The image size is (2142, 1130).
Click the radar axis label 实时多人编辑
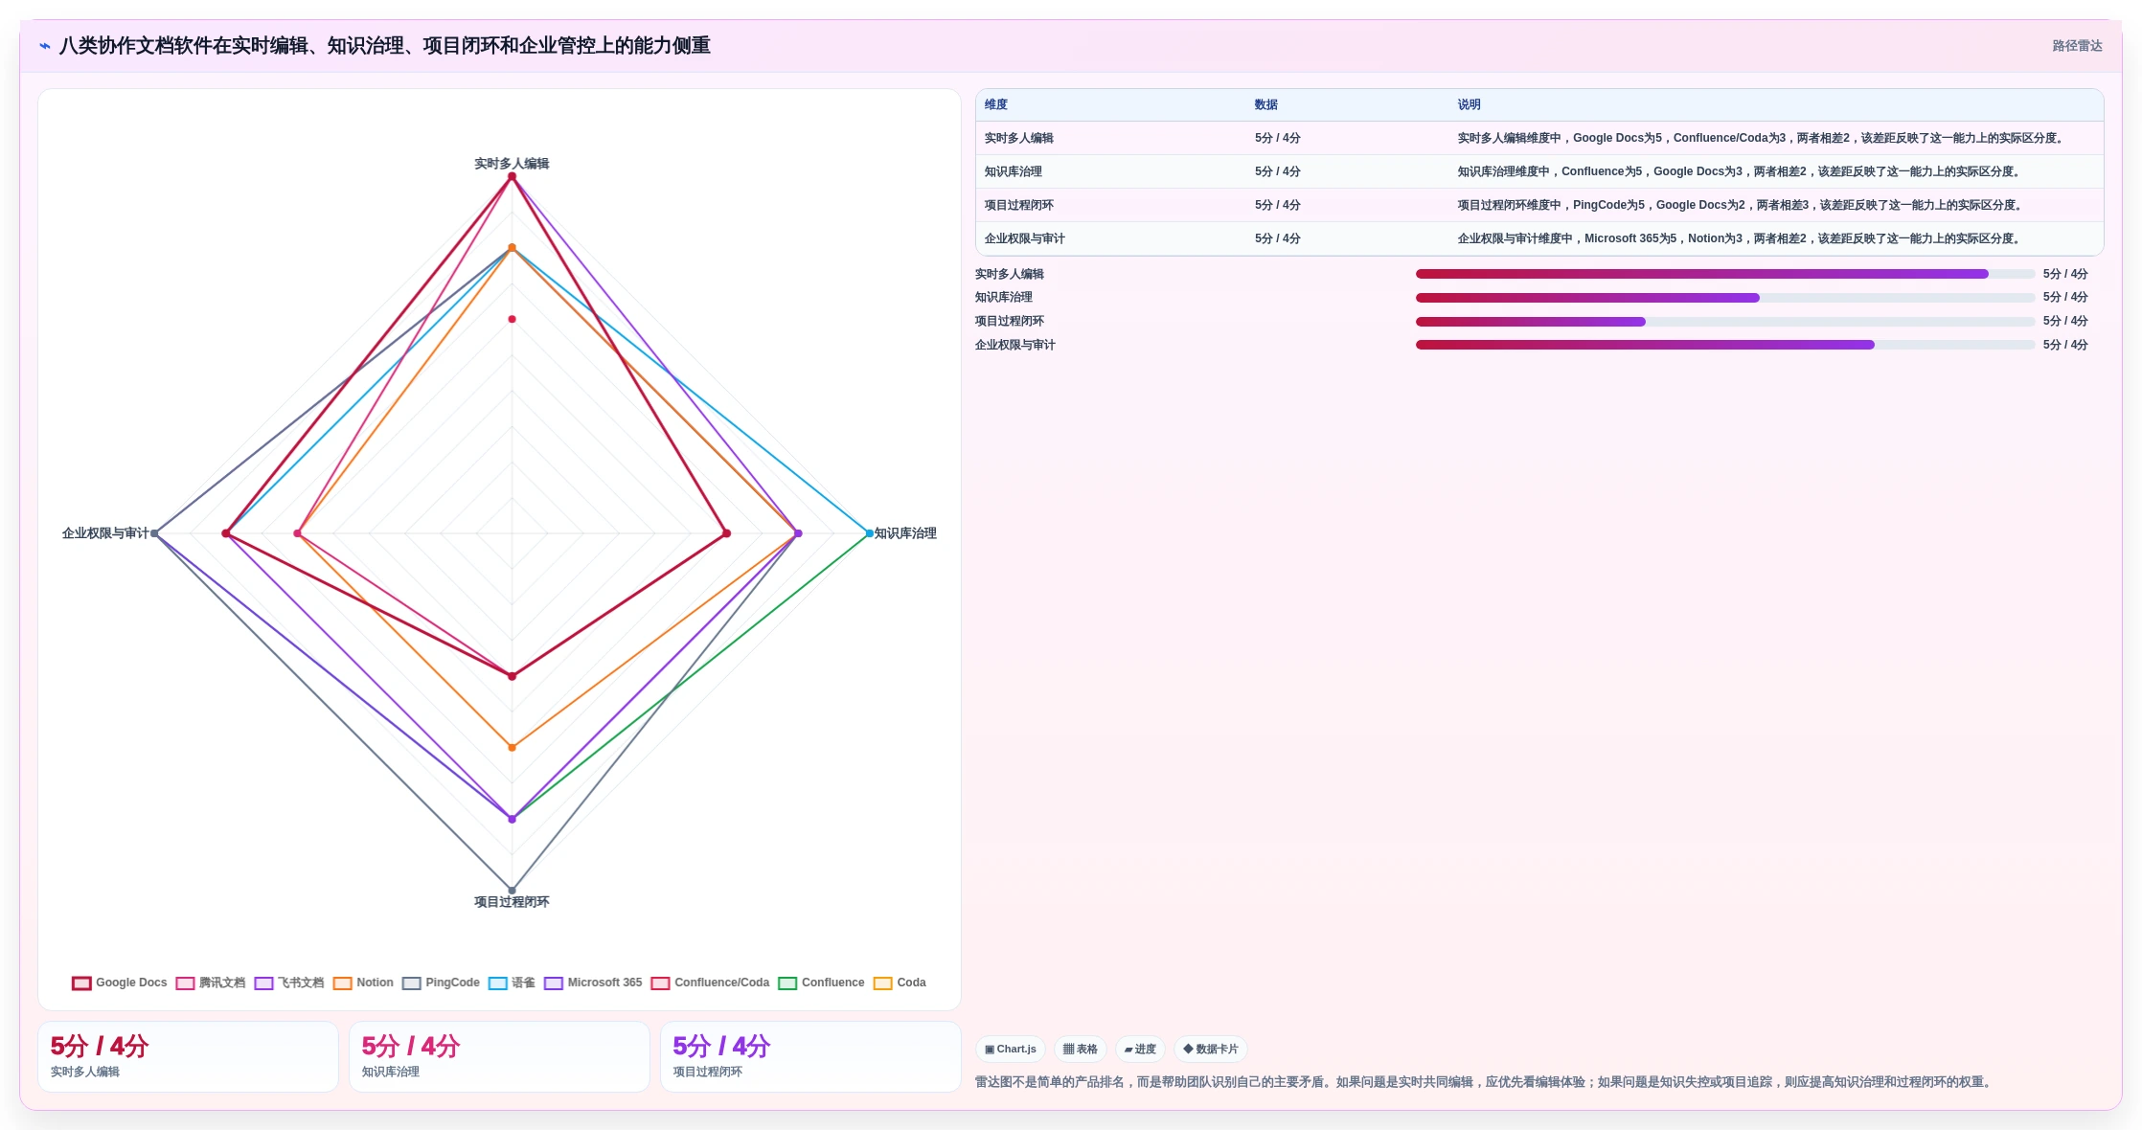click(x=512, y=164)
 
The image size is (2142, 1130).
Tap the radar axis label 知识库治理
click(x=905, y=533)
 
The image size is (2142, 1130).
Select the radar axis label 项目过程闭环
click(x=512, y=902)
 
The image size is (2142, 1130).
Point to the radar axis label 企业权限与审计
click(x=105, y=533)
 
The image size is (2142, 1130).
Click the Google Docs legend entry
click(x=120, y=983)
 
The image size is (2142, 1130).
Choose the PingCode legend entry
click(x=442, y=983)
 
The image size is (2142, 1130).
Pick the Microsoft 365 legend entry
click(x=593, y=983)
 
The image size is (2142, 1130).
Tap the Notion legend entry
click(x=363, y=983)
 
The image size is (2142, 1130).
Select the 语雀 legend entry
click(x=512, y=983)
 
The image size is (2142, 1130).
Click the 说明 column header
click(x=1470, y=104)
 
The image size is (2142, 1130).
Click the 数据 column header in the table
click(x=1266, y=104)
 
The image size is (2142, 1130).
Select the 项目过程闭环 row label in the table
click(x=1019, y=205)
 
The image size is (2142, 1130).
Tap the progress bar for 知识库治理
click(x=1725, y=298)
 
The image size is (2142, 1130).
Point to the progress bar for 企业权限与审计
click(x=1725, y=345)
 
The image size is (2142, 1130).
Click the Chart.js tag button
click(x=1011, y=1049)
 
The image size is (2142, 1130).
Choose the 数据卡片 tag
click(x=1211, y=1049)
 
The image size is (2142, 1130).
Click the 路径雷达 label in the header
click(x=2077, y=46)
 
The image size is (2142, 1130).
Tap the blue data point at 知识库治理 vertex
click(x=870, y=533)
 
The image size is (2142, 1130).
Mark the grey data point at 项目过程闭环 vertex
click(x=512, y=891)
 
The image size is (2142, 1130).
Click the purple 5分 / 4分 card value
click(x=721, y=1046)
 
